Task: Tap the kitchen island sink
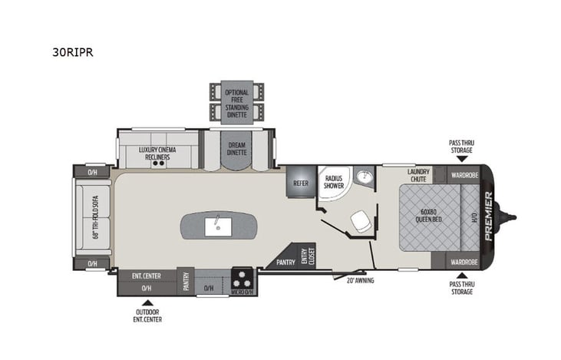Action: [218, 226]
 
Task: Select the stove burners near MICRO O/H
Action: [243, 276]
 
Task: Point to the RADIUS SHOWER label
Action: [332, 183]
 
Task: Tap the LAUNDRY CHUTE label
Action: [419, 175]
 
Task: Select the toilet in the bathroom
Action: [358, 222]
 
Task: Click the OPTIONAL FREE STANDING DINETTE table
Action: [236, 101]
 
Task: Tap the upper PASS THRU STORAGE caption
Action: [460, 147]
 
